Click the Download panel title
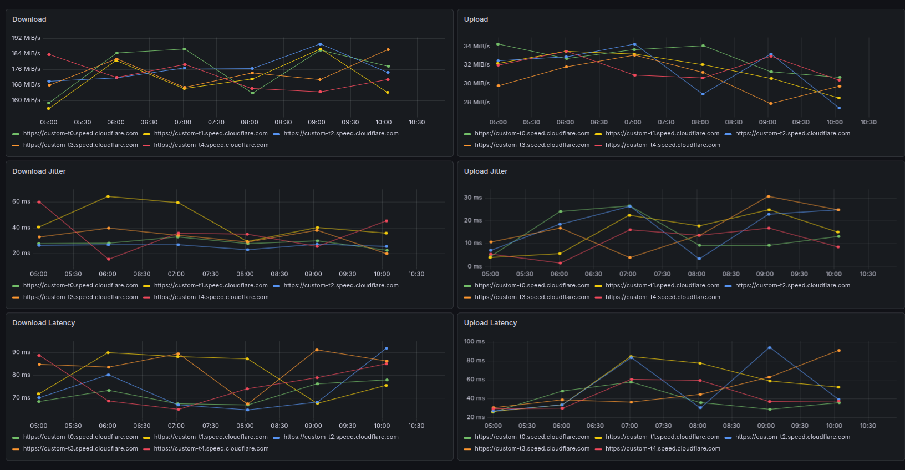point(29,19)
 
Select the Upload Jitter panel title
point(485,171)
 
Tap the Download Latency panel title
point(43,323)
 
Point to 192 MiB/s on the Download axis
point(26,38)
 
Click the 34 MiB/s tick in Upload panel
point(476,46)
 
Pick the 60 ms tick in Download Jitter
point(21,201)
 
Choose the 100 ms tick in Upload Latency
point(474,342)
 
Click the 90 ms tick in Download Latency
point(21,352)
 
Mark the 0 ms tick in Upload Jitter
point(475,266)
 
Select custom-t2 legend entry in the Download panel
point(340,134)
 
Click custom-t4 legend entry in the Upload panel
point(663,145)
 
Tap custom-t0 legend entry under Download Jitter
point(80,286)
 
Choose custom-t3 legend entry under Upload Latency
point(532,449)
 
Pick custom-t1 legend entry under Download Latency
point(211,437)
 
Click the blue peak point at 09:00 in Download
point(320,44)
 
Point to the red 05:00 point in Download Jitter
point(39,202)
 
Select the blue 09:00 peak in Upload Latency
point(769,348)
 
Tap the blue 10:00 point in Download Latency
point(386,348)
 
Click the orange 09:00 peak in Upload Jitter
point(768,196)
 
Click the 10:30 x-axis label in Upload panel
point(868,123)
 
